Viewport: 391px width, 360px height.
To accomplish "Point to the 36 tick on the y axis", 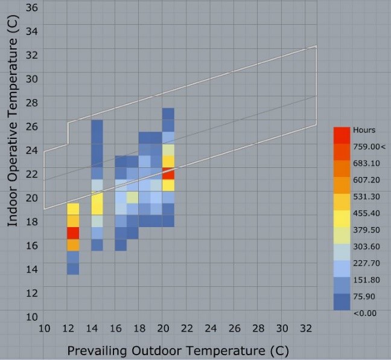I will click(32, 8).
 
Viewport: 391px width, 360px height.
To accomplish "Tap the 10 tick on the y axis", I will click(32, 317).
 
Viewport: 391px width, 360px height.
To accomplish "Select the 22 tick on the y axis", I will click(32, 174).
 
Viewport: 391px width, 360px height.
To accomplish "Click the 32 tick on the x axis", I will click(305, 328).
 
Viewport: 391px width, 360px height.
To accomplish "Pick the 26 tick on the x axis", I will click(234, 328).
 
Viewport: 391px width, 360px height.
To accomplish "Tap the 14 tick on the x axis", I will click(91, 328).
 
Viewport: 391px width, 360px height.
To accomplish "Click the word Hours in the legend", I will click(364, 130).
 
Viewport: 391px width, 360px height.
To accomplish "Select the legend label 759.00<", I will click(369, 146).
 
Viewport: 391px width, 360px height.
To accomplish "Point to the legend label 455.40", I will click(367, 213).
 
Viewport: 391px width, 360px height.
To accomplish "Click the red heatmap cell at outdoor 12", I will click(73, 233).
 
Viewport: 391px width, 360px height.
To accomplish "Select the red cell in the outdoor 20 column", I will click(168, 173).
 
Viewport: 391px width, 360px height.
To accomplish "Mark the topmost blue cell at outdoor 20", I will click(168, 114).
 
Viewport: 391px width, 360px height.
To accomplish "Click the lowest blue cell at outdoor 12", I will click(73, 268).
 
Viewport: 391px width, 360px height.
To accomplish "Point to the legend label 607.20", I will click(367, 179).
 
